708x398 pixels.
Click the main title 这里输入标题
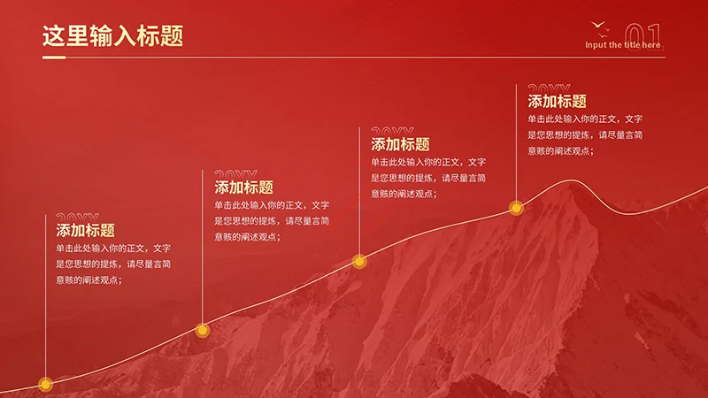[112, 35]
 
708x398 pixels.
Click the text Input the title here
[622, 45]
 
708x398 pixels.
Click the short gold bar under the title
[54, 57]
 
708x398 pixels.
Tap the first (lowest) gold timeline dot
[45, 384]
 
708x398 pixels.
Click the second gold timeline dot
[202, 331]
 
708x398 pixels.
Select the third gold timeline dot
[358, 261]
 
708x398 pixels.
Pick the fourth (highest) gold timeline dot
[516, 209]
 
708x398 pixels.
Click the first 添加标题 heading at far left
[86, 230]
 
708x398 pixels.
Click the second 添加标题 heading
[243, 187]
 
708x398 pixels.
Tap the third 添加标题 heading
[400, 143]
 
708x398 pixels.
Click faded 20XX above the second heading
[235, 175]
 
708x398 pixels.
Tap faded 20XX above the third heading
[392, 133]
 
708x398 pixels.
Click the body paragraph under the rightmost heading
[585, 134]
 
